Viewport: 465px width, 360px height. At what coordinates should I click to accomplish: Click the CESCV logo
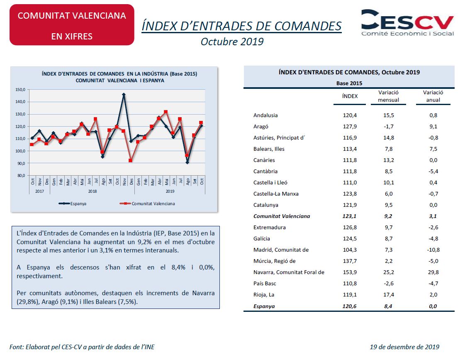[x=407, y=23]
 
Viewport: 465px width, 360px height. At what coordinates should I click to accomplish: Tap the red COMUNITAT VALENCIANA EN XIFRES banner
[x=72, y=25]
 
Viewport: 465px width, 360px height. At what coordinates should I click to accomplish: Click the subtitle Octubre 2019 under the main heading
[x=232, y=42]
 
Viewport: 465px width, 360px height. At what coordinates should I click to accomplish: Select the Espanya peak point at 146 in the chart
[x=124, y=94]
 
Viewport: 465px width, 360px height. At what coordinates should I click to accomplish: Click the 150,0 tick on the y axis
[x=20, y=89]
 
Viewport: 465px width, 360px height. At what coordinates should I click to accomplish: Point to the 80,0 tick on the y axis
[x=20, y=175]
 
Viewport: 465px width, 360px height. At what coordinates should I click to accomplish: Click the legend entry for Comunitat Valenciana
[x=147, y=203]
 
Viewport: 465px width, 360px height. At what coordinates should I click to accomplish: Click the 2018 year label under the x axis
[x=93, y=191]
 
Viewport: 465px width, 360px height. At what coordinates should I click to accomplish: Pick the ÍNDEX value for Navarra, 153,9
[x=350, y=272]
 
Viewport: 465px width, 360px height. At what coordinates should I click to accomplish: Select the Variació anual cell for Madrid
[x=433, y=250]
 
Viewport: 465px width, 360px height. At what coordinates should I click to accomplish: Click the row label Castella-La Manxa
[x=276, y=194]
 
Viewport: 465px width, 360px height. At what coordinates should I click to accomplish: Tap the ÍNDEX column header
[x=350, y=96]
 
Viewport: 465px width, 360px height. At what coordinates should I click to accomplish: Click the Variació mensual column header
[x=389, y=96]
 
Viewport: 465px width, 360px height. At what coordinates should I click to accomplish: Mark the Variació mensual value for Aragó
[x=389, y=126]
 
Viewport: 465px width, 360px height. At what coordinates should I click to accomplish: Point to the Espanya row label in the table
[x=264, y=306]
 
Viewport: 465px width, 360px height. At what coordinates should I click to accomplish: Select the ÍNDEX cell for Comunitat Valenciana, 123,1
[x=349, y=216]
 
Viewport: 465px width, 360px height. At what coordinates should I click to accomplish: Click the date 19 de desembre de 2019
[x=404, y=347]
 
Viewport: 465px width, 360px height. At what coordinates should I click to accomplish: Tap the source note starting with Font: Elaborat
[x=82, y=347]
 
